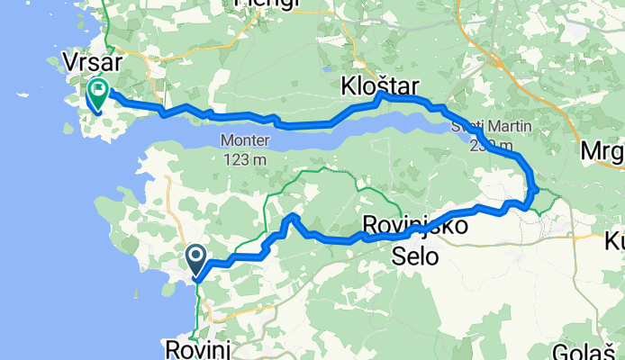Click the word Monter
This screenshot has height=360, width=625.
coord(243,140)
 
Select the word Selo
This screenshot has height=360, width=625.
coord(415,256)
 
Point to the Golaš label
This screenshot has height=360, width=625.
coord(601,353)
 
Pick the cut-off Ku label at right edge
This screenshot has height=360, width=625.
coord(614,242)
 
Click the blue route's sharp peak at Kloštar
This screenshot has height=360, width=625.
coord(381,93)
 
